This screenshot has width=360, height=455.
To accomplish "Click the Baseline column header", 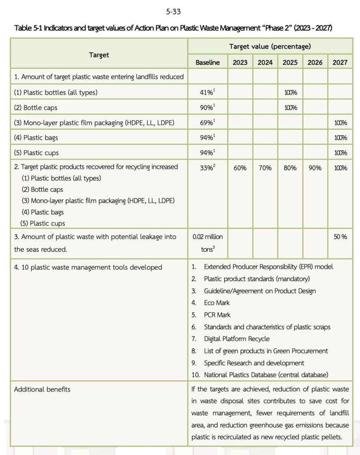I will click(x=208, y=63).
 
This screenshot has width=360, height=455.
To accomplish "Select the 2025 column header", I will click(x=290, y=63).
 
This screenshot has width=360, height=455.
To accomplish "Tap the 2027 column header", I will click(x=340, y=63).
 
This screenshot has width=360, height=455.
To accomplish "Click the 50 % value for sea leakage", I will click(x=340, y=237).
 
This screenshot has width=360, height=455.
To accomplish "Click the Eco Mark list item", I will click(x=217, y=303).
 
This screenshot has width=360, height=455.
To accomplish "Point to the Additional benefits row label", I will click(x=42, y=389).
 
